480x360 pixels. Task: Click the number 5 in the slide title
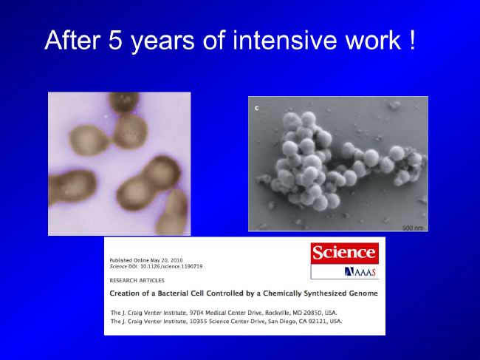point(115,40)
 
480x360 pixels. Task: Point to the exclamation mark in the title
point(412,40)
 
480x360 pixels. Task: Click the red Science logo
point(344,253)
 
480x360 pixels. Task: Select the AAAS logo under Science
point(360,272)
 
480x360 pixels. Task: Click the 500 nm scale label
point(413,228)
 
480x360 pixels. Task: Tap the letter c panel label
point(256,108)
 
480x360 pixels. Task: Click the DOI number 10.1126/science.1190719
point(171,267)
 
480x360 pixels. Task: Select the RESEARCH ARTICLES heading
point(137,280)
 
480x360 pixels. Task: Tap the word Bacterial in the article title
point(172,293)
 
